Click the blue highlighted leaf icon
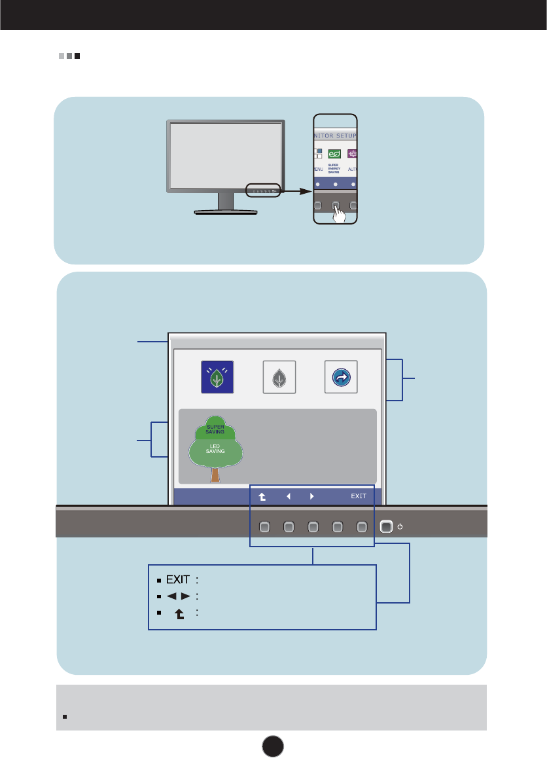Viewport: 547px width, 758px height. (217, 378)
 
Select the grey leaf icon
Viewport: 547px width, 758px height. (279, 378)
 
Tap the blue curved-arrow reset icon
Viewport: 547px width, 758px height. (341, 378)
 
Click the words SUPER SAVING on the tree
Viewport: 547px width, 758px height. (215, 429)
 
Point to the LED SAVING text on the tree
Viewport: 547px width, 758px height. (215, 448)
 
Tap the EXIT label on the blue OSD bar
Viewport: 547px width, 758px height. (359, 496)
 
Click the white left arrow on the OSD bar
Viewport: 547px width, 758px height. (288, 496)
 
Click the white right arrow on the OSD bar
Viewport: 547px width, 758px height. (311, 496)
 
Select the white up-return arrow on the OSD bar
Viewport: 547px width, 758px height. (263, 496)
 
